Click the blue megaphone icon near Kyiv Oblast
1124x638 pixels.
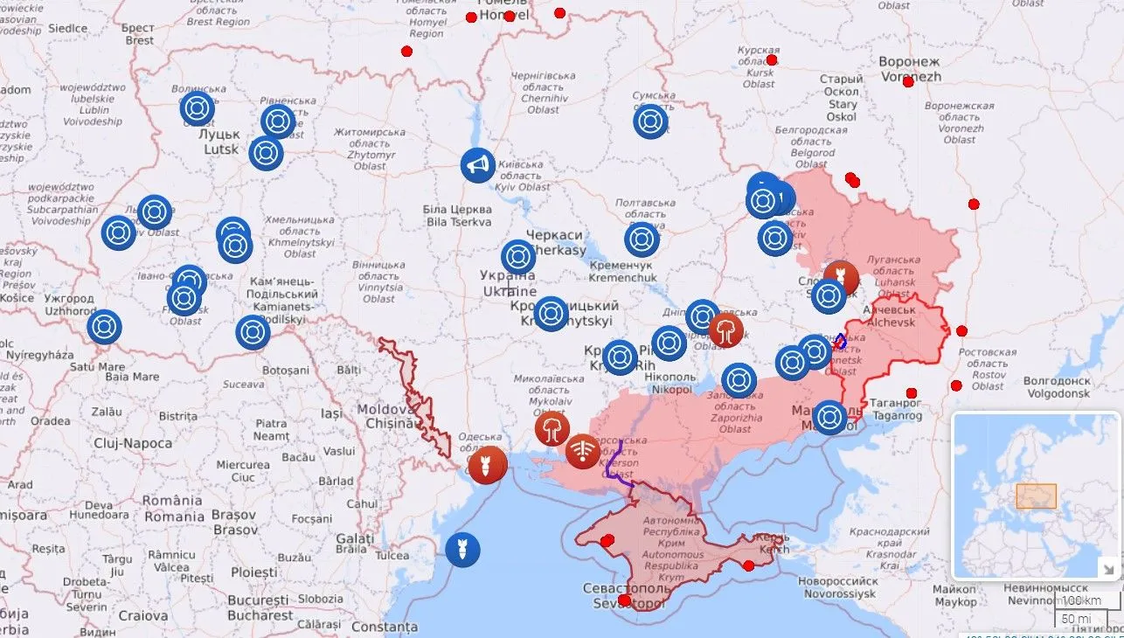click(478, 165)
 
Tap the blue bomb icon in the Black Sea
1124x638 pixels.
click(462, 549)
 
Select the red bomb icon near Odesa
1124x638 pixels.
click(488, 464)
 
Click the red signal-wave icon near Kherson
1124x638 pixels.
click(583, 451)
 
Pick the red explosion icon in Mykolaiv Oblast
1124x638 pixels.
click(552, 429)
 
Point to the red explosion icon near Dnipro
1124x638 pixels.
click(726, 331)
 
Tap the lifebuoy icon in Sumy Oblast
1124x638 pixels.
click(650, 121)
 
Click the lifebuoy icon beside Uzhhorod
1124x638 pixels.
click(104, 327)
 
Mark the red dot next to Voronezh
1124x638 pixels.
click(908, 81)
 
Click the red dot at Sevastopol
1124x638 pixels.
click(625, 600)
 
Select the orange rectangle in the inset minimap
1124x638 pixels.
click(1036, 496)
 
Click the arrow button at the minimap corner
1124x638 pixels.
click(1107, 569)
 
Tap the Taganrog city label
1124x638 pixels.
click(897, 410)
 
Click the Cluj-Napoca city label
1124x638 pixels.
click(133, 443)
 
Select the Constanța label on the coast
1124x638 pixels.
click(385, 628)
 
